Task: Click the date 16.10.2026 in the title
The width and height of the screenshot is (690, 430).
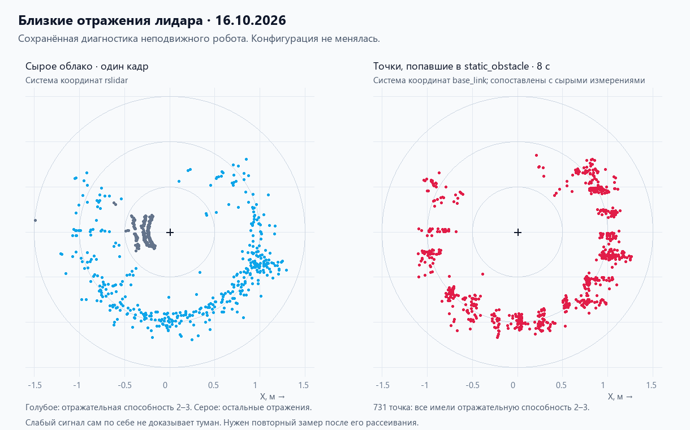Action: (x=251, y=20)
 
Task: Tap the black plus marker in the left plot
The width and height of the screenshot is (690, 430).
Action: (x=170, y=232)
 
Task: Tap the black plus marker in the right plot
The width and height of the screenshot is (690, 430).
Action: (x=518, y=232)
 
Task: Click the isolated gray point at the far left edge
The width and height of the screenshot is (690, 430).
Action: (x=36, y=221)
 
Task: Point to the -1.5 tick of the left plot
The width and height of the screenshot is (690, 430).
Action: (x=35, y=385)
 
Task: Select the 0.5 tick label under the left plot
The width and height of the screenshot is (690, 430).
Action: (x=213, y=385)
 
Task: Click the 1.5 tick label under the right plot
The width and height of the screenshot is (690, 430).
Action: (x=652, y=385)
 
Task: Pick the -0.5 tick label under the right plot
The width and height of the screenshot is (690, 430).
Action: (x=473, y=385)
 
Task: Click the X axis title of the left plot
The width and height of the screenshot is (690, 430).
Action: (x=272, y=397)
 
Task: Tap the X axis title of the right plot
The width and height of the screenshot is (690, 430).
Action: (x=620, y=397)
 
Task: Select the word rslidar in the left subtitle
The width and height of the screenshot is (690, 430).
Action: (x=116, y=80)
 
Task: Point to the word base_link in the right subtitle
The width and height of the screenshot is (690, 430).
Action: (x=470, y=80)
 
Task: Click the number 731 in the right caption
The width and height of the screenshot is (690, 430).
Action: (x=380, y=407)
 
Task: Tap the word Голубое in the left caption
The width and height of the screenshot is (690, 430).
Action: (x=42, y=407)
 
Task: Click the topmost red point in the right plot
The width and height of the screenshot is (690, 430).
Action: (x=536, y=156)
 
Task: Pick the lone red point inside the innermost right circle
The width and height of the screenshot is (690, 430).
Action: (x=482, y=274)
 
